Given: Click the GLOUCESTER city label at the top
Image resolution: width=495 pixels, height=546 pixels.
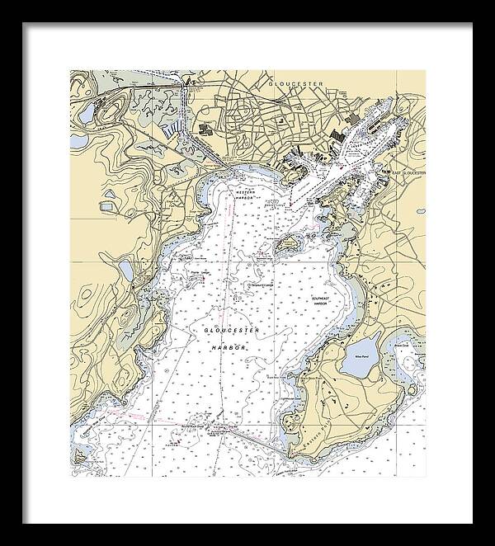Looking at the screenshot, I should tap(295, 83).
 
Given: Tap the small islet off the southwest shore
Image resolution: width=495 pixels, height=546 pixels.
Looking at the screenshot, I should tap(82, 453).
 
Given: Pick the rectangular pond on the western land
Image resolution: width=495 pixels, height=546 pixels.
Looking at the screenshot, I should tap(125, 270).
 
